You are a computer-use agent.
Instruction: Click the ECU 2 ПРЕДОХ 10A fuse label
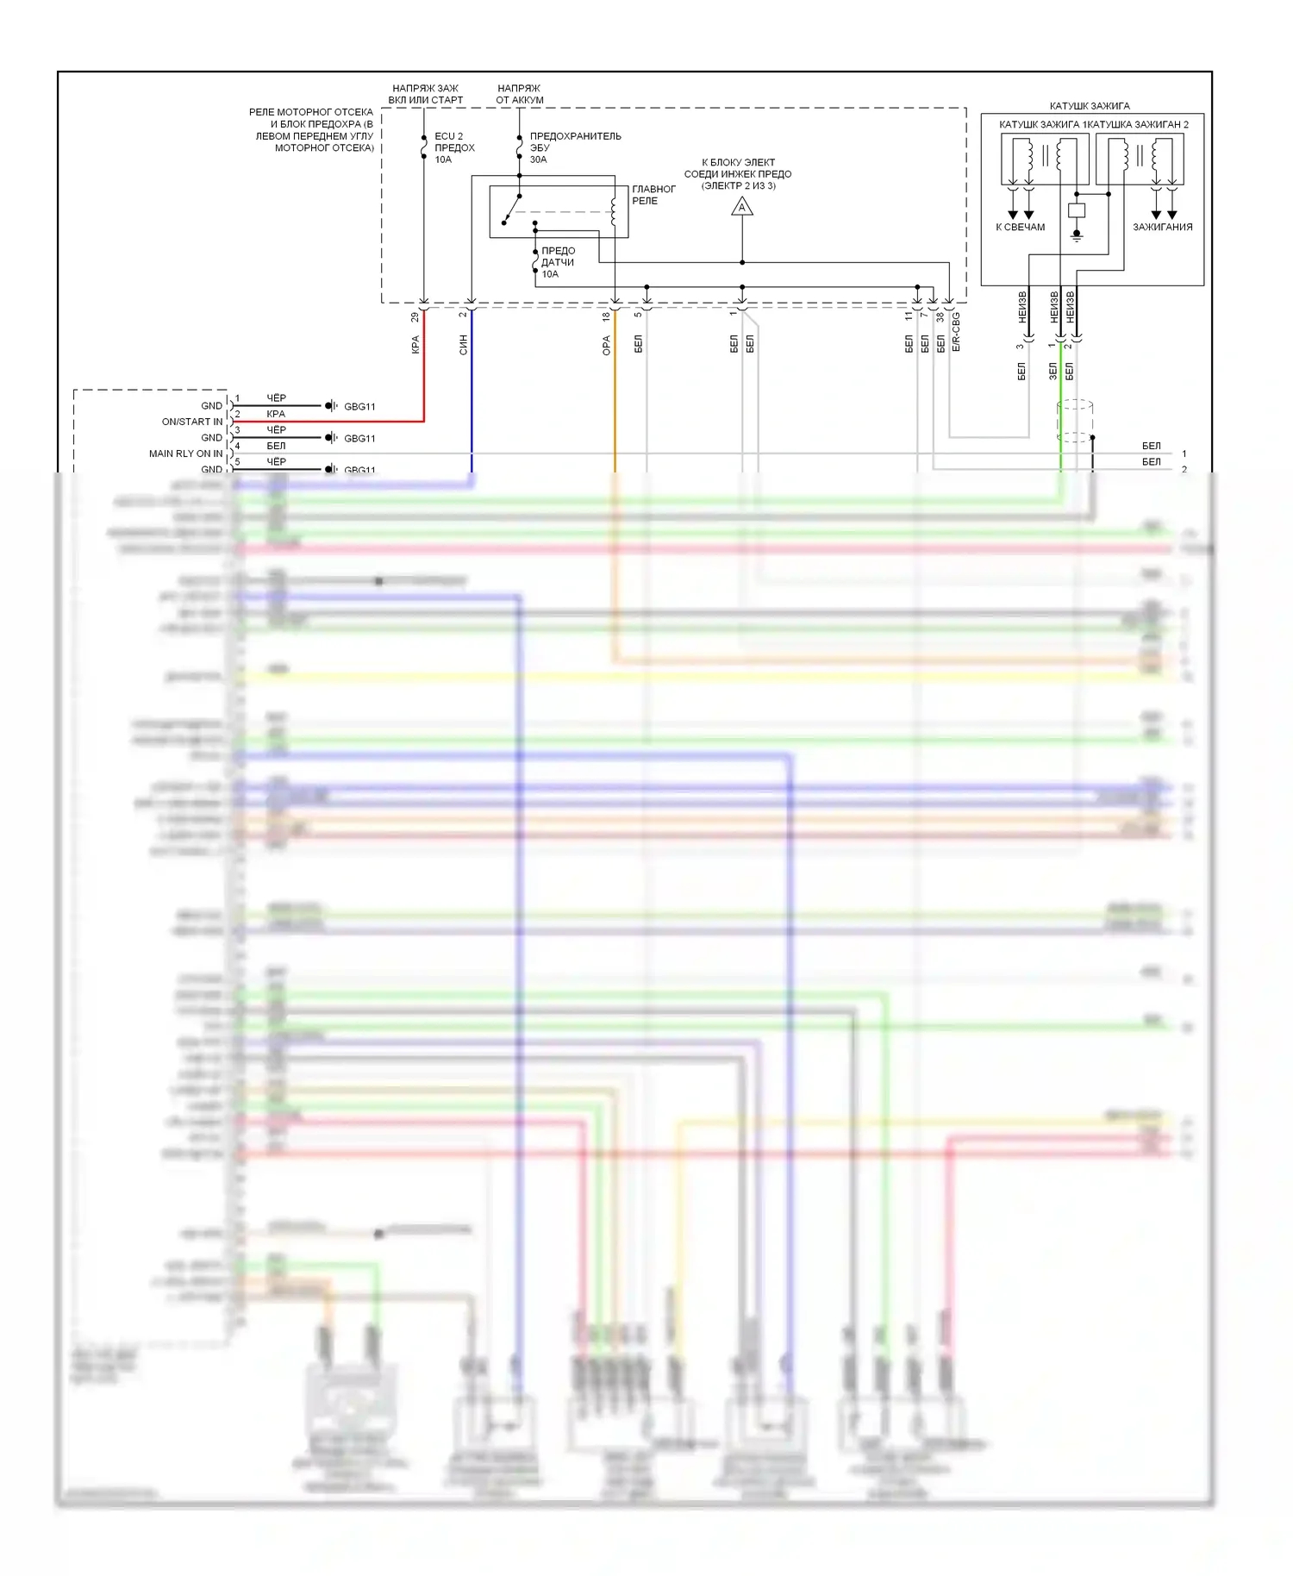point(453,147)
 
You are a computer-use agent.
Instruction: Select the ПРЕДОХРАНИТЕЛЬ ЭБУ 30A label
point(574,147)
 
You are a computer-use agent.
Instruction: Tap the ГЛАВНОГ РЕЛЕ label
point(653,195)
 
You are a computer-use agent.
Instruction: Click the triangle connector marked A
point(741,207)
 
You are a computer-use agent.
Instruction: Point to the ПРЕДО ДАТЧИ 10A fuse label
point(558,262)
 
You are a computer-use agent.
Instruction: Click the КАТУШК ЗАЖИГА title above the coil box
point(1089,106)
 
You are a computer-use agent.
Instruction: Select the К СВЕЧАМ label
point(1020,228)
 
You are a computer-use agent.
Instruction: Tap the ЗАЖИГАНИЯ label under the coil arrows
point(1162,228)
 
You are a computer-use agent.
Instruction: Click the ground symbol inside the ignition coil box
point(1076,235)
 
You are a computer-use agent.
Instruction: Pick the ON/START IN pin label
point(191,422)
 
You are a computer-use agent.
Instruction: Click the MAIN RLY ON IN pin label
point(185,453)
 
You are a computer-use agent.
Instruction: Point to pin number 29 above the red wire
point(415,317)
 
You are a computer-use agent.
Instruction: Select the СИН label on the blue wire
point(463,345)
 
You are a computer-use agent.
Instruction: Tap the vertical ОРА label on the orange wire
point(606,346)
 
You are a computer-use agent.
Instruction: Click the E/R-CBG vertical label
point(956,332)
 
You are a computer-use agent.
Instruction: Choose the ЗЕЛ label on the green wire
point(1053,371)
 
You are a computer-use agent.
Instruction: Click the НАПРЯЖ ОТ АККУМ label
point(519,94)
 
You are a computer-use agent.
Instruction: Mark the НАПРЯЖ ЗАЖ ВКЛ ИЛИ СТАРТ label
point(425,94)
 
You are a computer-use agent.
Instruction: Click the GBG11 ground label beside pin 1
point(359,406)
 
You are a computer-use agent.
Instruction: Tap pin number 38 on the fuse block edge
point(940,317)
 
